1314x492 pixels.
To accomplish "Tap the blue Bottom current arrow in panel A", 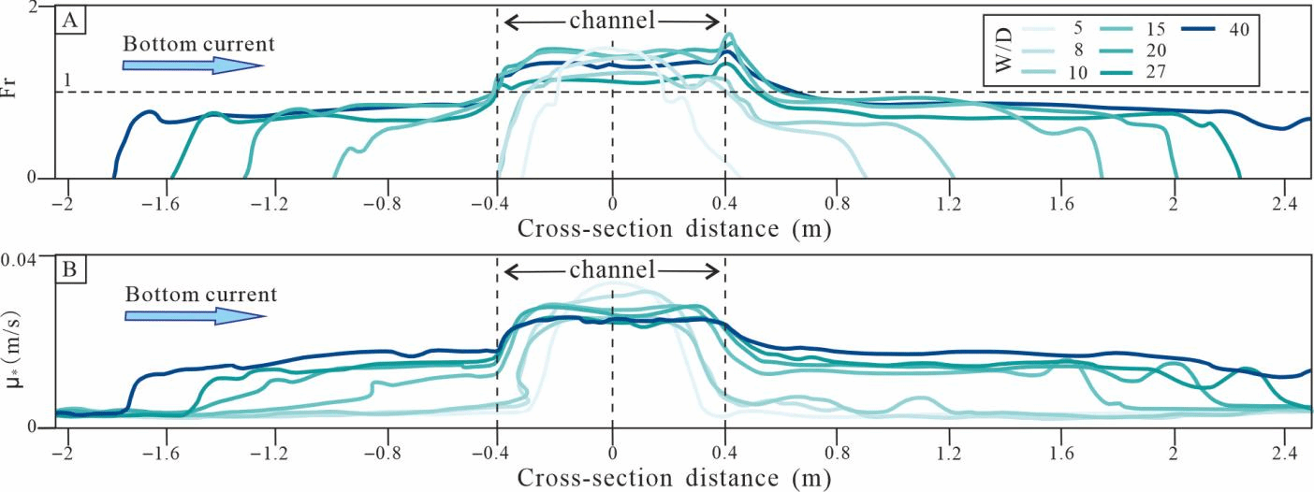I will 192,65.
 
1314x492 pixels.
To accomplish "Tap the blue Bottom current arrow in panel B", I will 195,315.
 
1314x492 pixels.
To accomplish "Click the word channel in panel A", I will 612,20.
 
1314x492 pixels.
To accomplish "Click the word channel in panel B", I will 612,269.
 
